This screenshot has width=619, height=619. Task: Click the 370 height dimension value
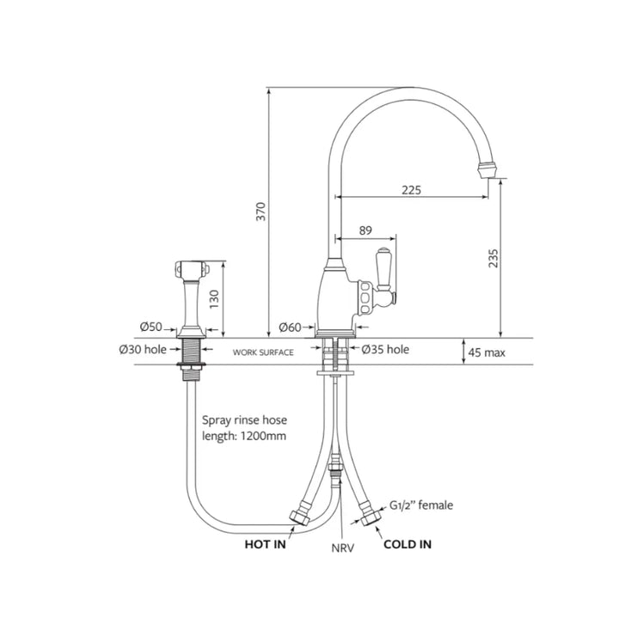[261, 211]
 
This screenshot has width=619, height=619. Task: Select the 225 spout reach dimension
[411, 190]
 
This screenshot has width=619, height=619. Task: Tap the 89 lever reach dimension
[365, 230]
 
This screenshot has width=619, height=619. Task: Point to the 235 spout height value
[493, 258]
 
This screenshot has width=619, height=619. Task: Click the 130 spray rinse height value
[213, 299]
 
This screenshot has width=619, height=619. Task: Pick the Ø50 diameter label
[151, 327]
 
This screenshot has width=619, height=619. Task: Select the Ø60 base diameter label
[291, 327]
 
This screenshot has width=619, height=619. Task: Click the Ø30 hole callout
[143, 349]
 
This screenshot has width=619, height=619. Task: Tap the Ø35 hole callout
[385, 349]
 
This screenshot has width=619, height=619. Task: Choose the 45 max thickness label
[487, 352]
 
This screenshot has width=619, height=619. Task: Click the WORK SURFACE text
[263, 352]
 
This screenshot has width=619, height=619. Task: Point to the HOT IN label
[266, 544]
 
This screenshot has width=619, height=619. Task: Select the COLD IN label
[408, 544]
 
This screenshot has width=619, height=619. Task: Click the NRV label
[343, 548]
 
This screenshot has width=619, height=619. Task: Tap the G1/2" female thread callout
[421, 505]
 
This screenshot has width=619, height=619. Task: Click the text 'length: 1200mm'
[244, 436]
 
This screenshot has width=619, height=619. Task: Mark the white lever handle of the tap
[383, 267]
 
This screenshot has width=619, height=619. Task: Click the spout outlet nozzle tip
[487, 170]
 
